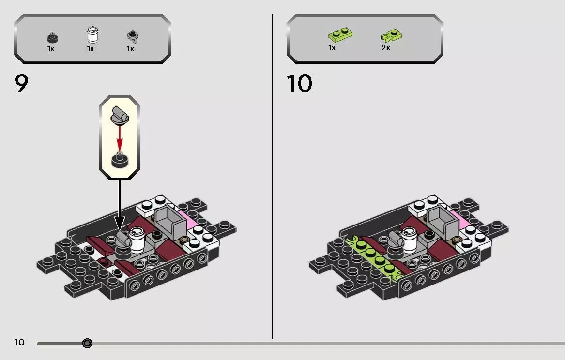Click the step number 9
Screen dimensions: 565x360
(x=21, y=84)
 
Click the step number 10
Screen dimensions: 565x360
(x=299, y=84)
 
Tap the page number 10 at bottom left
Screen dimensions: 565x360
(x=19, y=342)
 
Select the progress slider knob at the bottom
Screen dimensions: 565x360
(x=87, y=343)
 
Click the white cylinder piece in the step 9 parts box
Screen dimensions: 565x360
(x=92, y=35)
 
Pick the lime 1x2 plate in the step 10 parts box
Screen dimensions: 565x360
(x=340, y=35)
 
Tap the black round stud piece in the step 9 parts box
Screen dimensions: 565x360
(x=52, y=37)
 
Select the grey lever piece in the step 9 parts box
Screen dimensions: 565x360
(x=133, y=37)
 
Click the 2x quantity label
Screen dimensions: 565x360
(x=386, y=48)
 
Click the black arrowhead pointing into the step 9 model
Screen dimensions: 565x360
(x=120, y=223)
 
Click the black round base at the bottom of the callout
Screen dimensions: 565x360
(x=120, y=161)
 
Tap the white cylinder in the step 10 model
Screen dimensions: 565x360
(x=410, y=240)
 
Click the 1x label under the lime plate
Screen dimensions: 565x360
(x=332, y=48)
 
